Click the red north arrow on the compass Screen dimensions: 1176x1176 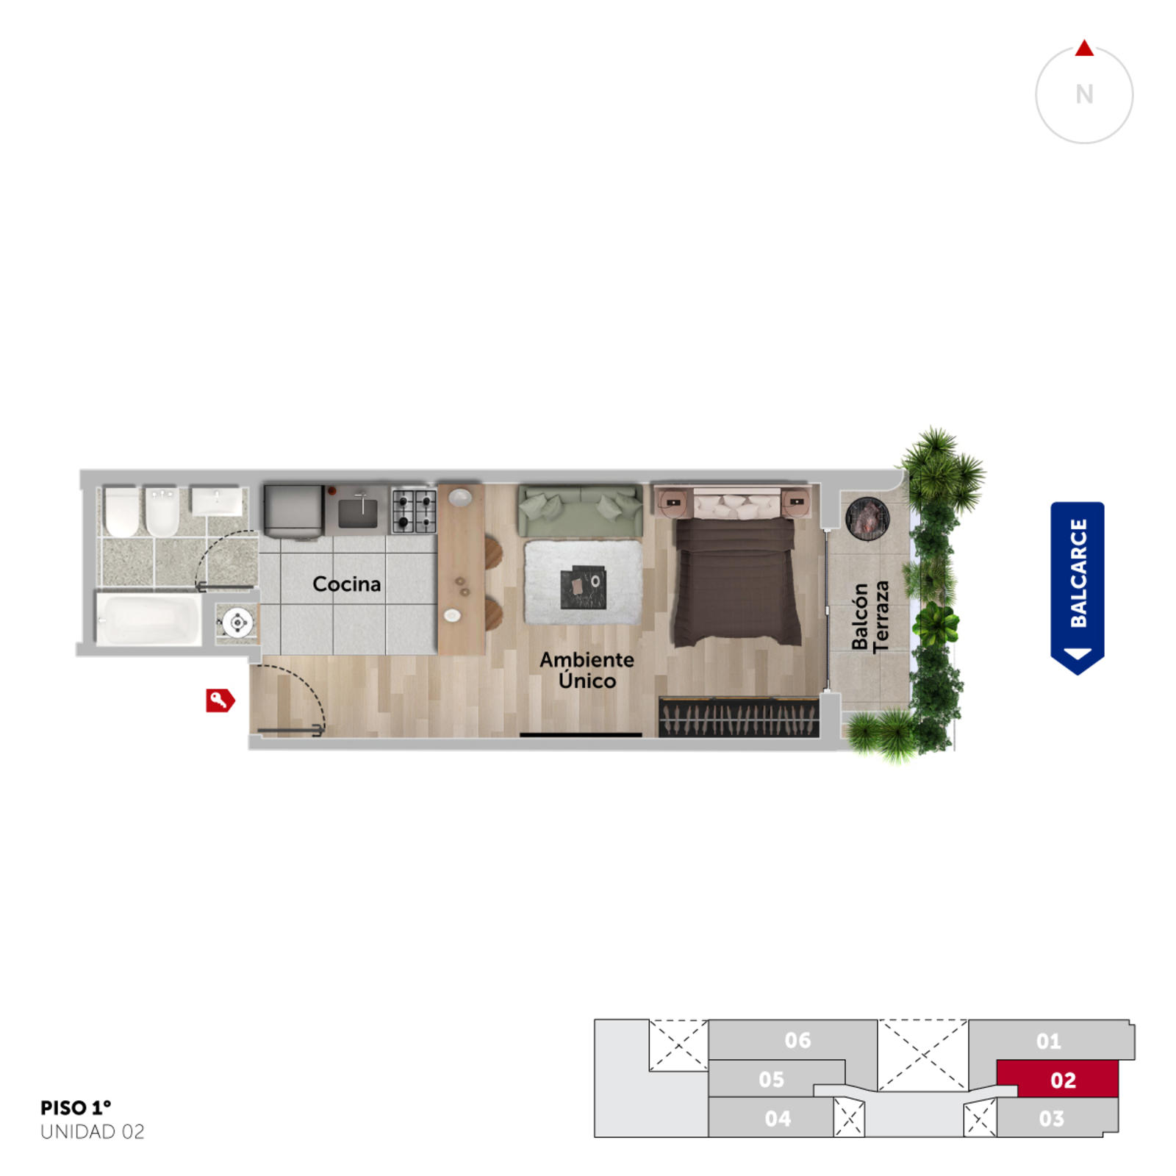click(1084, 49)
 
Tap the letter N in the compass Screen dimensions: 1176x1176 click(1084, 94)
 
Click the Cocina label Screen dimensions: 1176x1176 click(347, 584)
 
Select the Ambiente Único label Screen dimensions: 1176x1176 click(587, 670)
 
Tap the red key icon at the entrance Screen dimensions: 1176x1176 click(220, 700)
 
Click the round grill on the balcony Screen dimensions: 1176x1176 click(867, 518)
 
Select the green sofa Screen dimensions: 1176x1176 click(580, 510)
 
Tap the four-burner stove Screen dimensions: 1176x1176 click(414, 510)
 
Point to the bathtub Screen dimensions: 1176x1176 click(149, 620)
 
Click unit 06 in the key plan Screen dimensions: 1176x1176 click(797, 1040)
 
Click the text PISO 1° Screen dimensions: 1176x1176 click(76, 1107)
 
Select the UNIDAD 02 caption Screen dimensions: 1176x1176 click(93, 1132)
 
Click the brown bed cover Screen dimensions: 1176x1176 click(737, 581)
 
